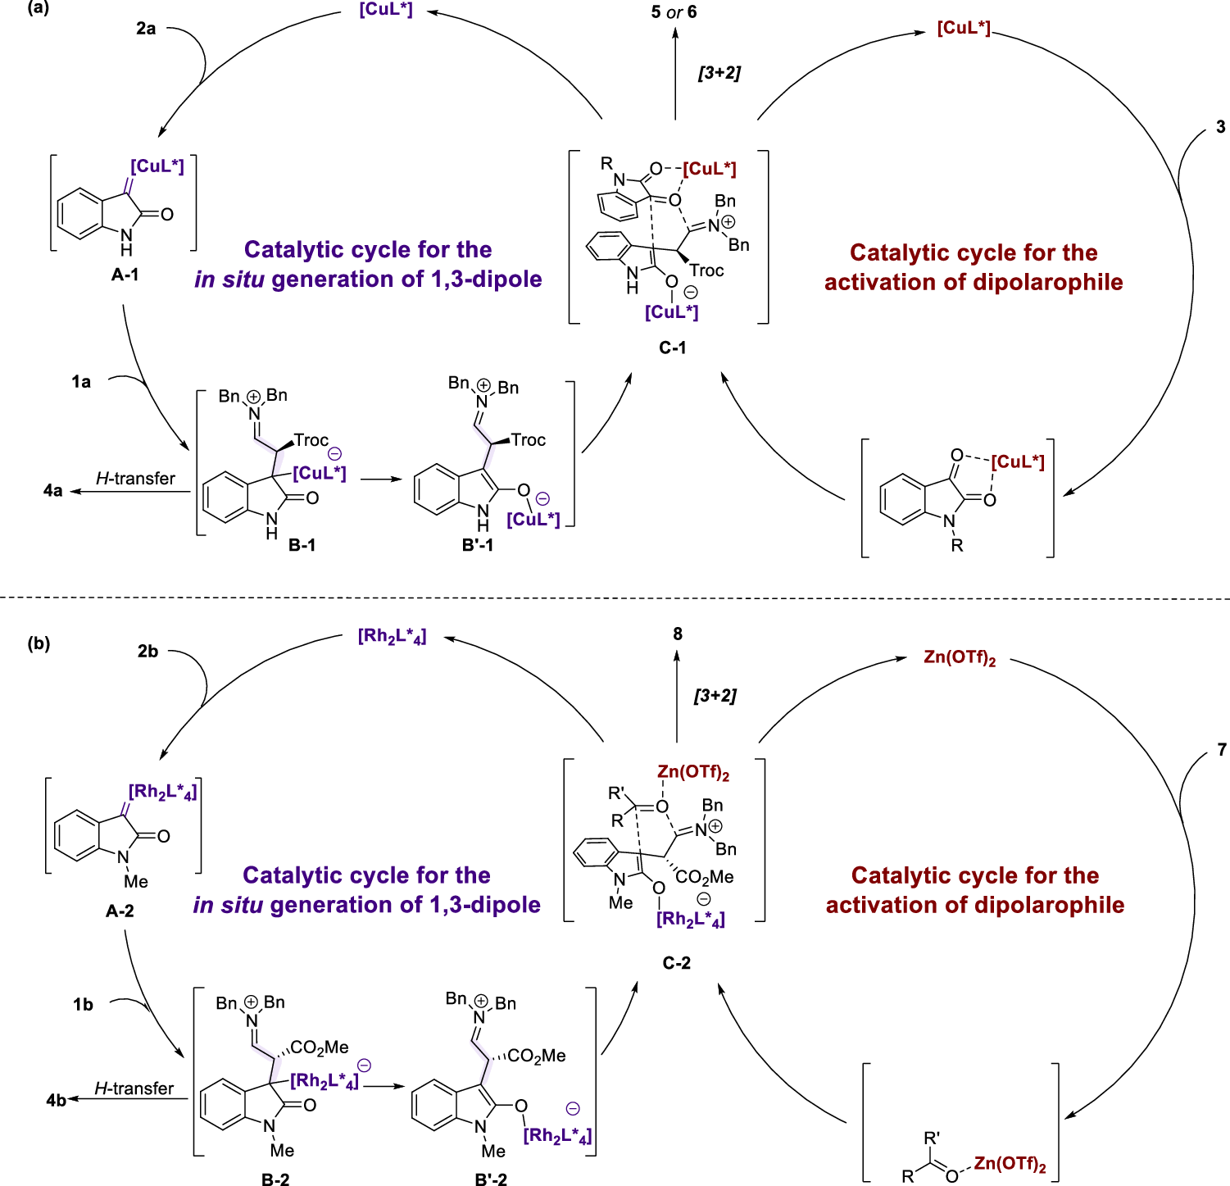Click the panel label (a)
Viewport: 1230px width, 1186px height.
pyautogui.click(x=38, y=9)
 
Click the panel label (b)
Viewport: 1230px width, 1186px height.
pyautogui.click(x=39, y=643)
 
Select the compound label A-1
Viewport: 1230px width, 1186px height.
pyautogui.click(x=125, y=275)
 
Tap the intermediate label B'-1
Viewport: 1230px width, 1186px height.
pyautogui.click(x=478, y=545)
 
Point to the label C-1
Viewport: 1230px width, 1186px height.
pyautogui.click(x=673, y=348)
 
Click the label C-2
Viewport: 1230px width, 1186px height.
pyautogui.click(x=676, y=963)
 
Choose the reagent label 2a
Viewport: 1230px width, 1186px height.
pyautogui.click(x=146, y=29)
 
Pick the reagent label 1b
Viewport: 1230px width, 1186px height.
pyautogui.click(x=83, y=1005)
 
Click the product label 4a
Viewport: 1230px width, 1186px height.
pyautogui.click(x=52, y=491)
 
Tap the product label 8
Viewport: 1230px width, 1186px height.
pyautogui.click(x=678, y=634)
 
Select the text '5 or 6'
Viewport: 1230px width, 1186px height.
pyautogui.click(x=674, y=12)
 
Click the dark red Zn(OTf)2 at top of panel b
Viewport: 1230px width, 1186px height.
pyautogui.click(x=959, y=658)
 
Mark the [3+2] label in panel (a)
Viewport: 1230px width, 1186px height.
pyautogui.click(x=719, y=73)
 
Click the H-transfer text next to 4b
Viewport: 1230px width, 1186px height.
pyautogui.click(x=134, y=1088)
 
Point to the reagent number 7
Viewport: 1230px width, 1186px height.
pyautogui.click(x=1221, y=750)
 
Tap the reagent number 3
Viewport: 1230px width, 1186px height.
pyautogui.click(x=1220, y=127)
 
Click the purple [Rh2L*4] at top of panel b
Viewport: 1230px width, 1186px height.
pyautogui.click(x=392, y=637)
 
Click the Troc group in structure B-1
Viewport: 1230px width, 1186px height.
pyautogui.click(x=311, y=441)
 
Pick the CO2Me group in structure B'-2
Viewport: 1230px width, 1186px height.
pyautogui.click(x=537, y=1056)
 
